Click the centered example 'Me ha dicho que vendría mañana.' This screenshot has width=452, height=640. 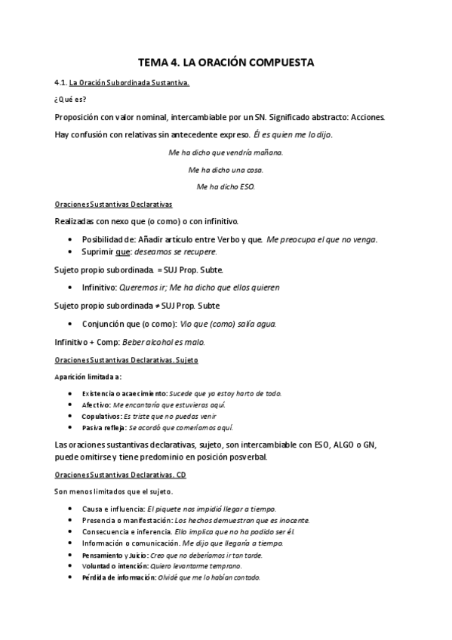[226, 153]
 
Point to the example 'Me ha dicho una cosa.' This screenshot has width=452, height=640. [226, 170]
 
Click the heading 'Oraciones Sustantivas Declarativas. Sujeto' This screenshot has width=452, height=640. [126, 360]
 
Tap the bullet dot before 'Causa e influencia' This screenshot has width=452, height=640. [70, 509]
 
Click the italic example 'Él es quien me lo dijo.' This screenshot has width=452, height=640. [294, 135]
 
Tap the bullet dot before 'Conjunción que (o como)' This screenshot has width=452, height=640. [70, 324]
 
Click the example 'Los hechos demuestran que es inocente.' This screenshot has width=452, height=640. [242, 520]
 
